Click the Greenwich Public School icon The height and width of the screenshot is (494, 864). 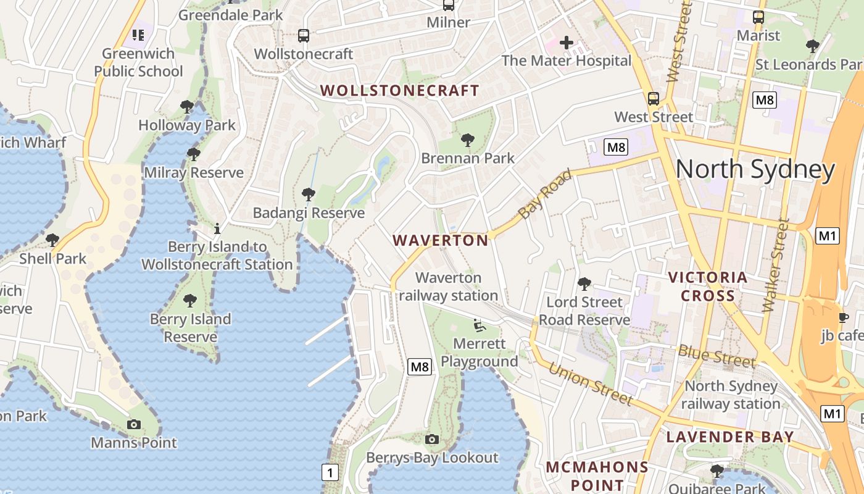coord(138,35)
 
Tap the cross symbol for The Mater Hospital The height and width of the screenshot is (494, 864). coord(566,43)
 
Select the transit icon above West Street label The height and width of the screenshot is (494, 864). coord(653,98)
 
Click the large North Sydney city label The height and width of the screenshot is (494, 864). coord(755,169)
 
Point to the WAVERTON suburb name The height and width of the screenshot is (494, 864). coord(441,240)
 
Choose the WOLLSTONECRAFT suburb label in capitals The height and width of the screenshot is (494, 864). coord(400,90)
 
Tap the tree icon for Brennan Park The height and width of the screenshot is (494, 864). coord(468,140)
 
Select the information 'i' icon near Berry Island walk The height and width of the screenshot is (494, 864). coord(217,229)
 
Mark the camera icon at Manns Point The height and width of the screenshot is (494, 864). coord(134,424)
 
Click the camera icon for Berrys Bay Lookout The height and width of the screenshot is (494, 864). coord(432,439)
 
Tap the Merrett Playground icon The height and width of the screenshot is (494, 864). coord(479,325)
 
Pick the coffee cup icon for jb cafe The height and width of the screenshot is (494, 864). coord(843,317)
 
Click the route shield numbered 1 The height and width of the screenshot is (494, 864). coord(330,473)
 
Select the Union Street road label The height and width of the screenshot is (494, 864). coord(590,383)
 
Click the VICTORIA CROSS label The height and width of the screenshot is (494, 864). coord(708,287)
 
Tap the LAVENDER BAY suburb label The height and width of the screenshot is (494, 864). coord(730,437)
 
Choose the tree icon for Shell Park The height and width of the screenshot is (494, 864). coord(52,240)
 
